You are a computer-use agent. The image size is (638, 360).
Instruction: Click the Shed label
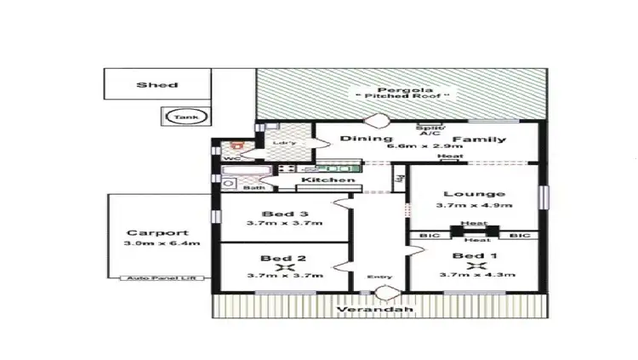157,85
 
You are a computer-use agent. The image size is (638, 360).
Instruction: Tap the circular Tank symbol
180,117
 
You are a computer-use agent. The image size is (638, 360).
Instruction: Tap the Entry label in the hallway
379,277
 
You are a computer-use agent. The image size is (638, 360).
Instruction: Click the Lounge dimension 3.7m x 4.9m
474,205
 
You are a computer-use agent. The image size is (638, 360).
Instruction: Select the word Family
479,139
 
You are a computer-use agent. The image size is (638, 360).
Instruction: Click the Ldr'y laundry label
284,143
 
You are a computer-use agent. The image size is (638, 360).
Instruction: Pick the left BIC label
428,234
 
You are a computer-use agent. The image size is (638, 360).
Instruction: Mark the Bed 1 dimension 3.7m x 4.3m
474,275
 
